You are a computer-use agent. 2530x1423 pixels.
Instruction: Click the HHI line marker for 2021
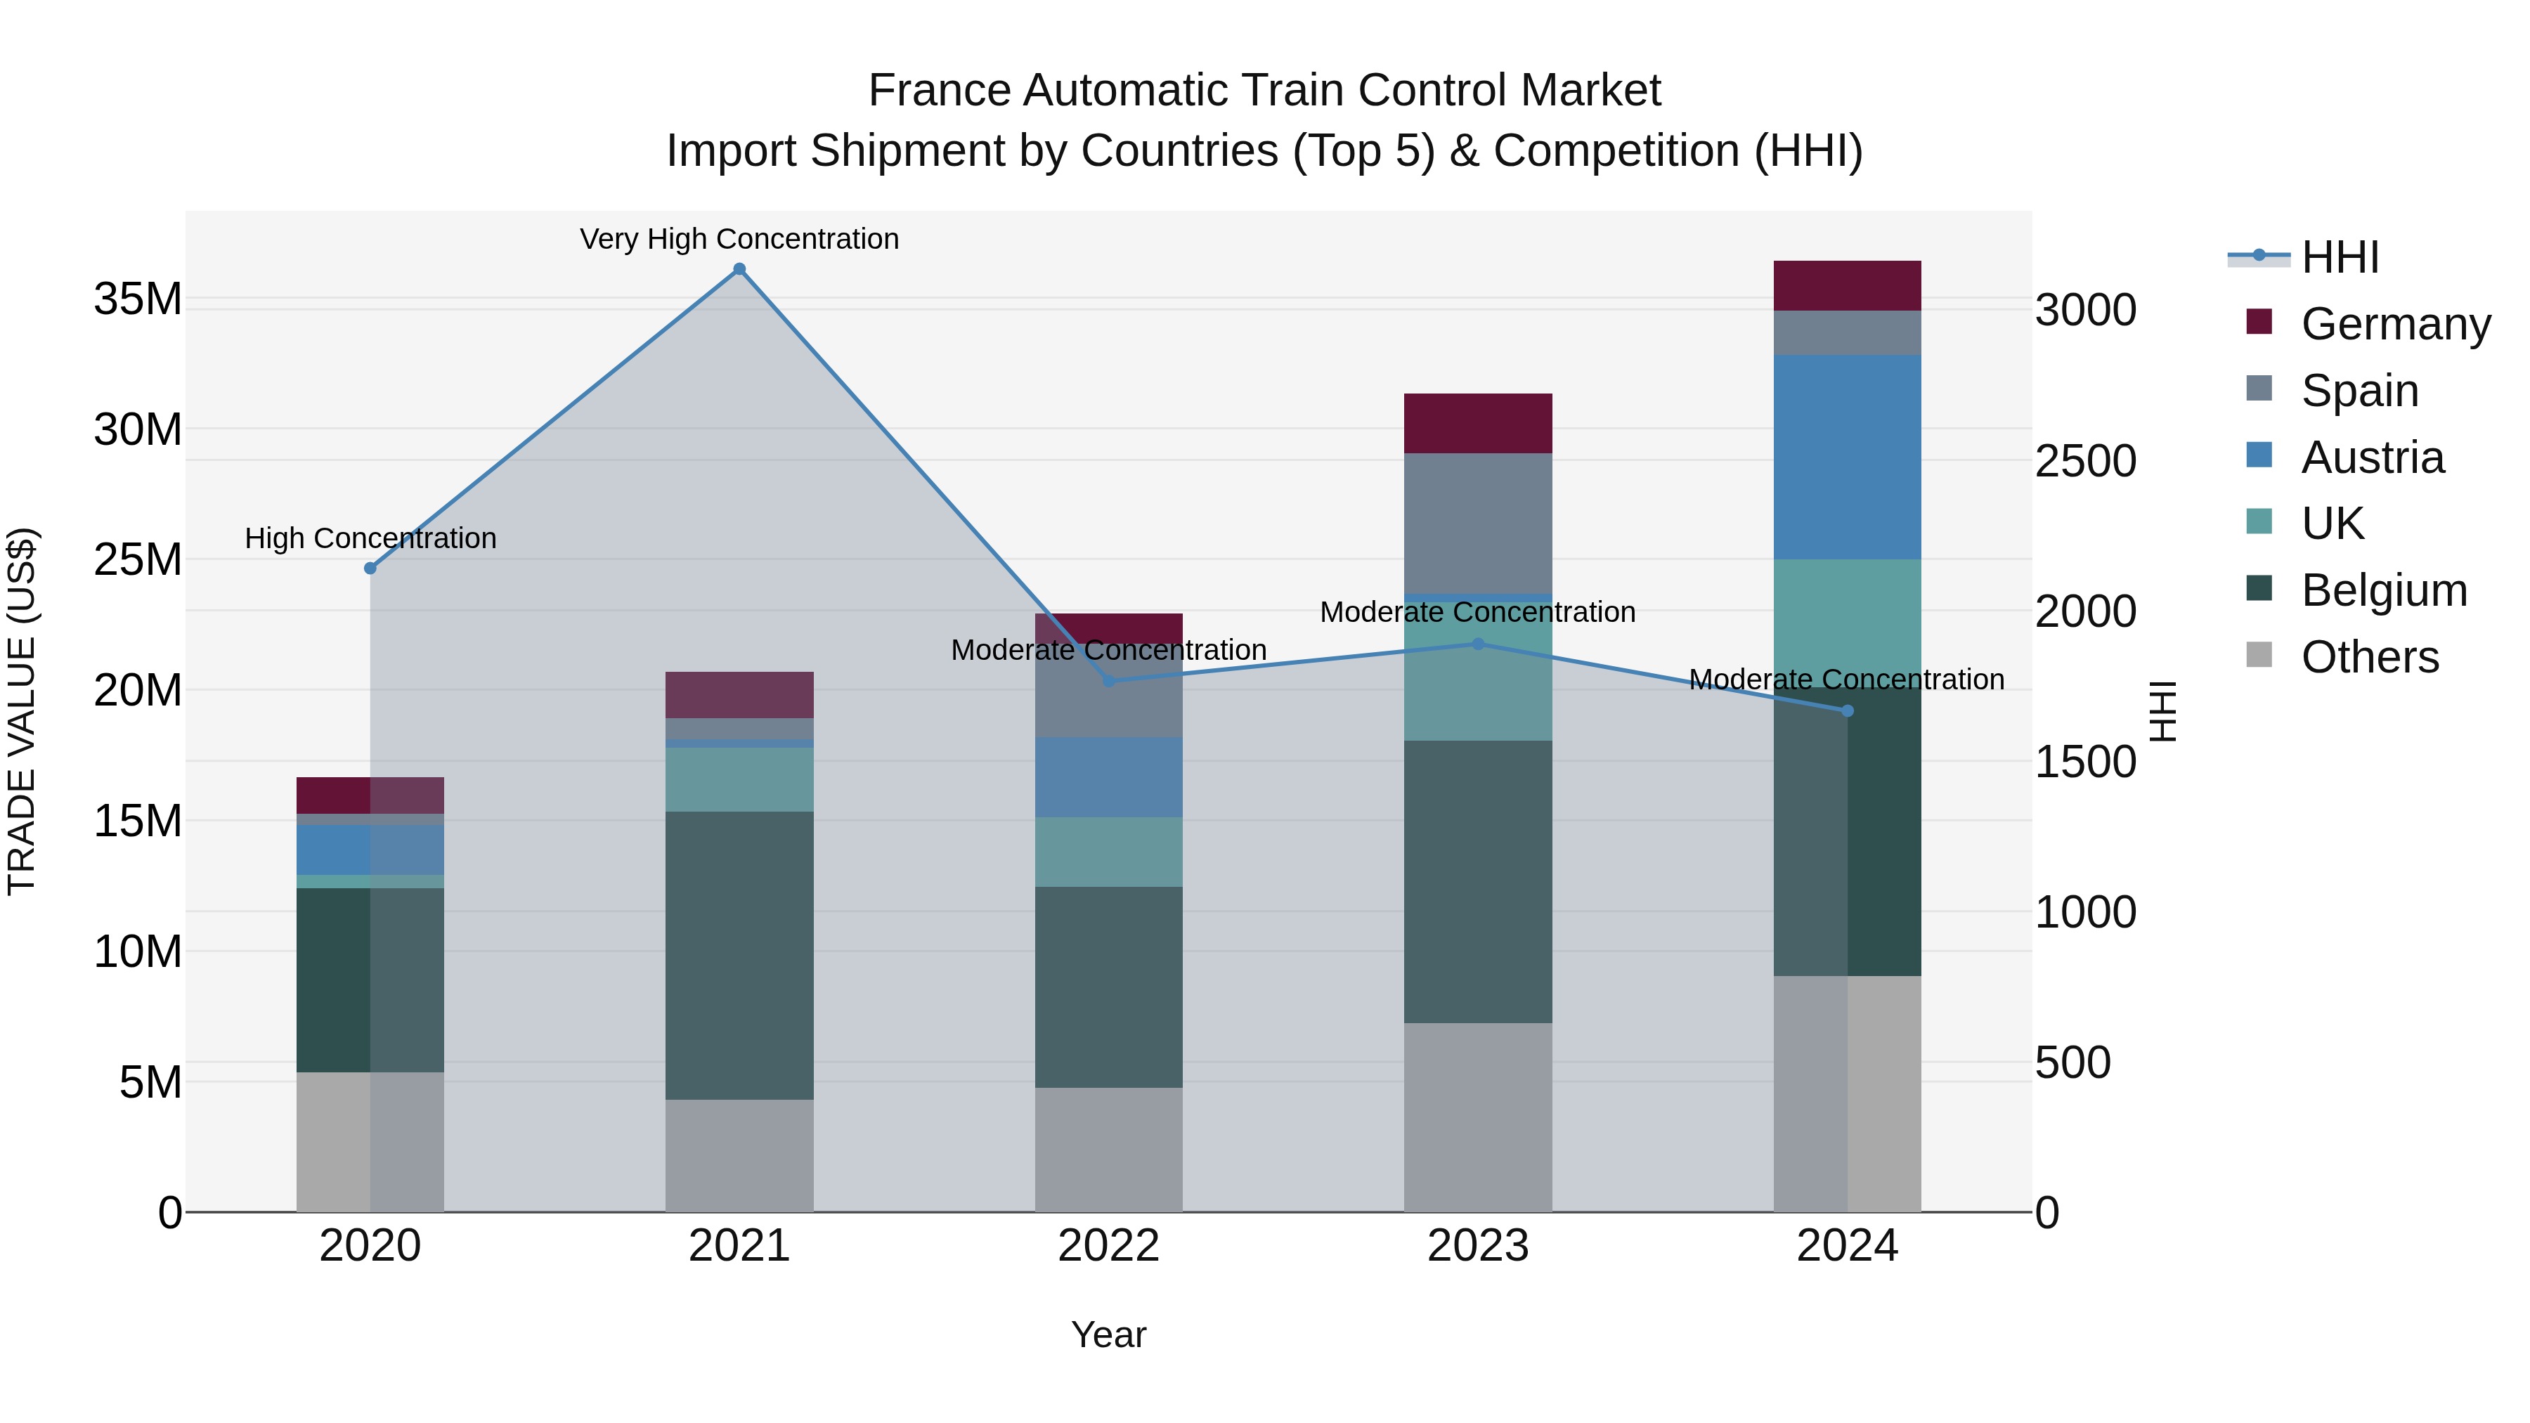pyautogui.click(x=739, y=269)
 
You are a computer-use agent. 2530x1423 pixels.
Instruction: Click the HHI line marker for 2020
pyautogui.click(x=370, y=568)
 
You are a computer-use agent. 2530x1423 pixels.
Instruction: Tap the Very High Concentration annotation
pyautogui.click(x=739, y=239)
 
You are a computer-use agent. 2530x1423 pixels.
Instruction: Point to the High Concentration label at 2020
pyautogui.click(x=370, y=538)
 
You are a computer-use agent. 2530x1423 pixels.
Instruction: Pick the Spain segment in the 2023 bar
pyautogui.click(x=1477, y=524)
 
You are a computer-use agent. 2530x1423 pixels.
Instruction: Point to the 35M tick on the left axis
pyautogui.click(x=138, y=299)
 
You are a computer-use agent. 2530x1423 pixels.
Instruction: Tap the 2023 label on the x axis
pyautogui.click(x=1477, y=1246)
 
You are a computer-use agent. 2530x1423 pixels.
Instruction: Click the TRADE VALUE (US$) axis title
pyautogui.click(x=22, y=711)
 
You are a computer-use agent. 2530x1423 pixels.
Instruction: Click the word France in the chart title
pyautogui.click(x=939, y=91)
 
